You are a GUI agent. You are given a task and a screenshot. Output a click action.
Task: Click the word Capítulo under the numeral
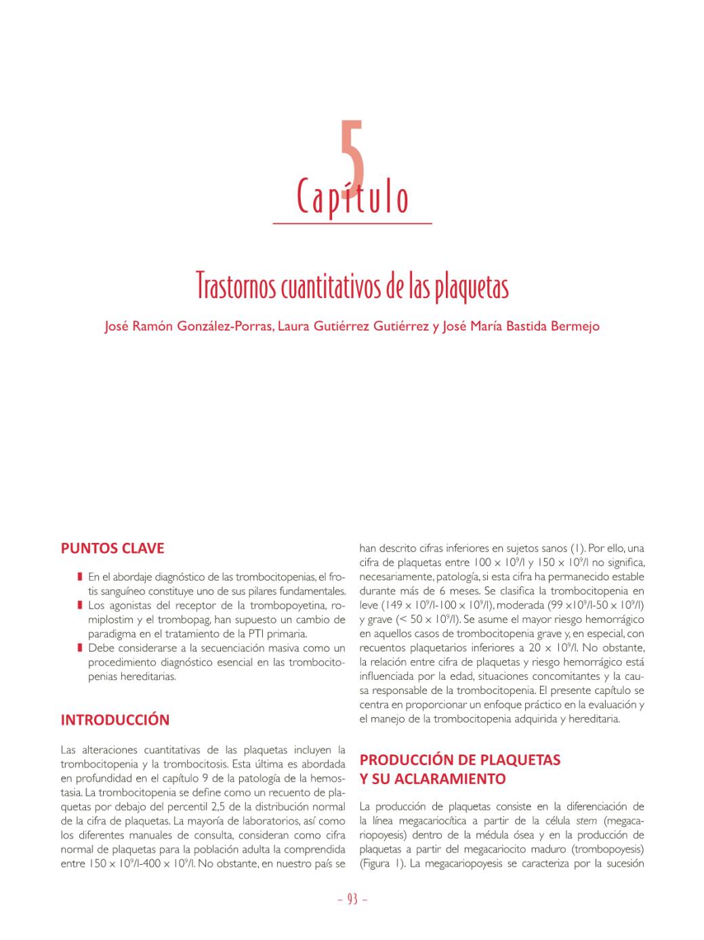tap(352, 197)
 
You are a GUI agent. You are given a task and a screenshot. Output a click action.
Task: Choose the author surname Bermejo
tap(575, 327)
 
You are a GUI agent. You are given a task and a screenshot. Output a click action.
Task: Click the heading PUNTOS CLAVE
tap(112, 548)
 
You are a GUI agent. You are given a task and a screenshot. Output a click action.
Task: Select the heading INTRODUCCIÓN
tap(115, 720)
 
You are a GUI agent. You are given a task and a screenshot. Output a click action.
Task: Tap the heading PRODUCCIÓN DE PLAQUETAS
tap(460, 760)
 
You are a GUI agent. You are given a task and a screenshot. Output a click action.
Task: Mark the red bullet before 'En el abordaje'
tap(80, 577)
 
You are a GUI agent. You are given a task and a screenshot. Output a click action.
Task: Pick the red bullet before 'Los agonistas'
tap(80, 605)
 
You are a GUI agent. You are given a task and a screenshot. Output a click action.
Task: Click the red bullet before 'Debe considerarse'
tap(80, 648)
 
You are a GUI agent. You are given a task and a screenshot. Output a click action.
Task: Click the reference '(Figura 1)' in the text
tap(381, 864)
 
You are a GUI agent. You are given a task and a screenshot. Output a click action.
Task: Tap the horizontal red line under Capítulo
tap(352, 223)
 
